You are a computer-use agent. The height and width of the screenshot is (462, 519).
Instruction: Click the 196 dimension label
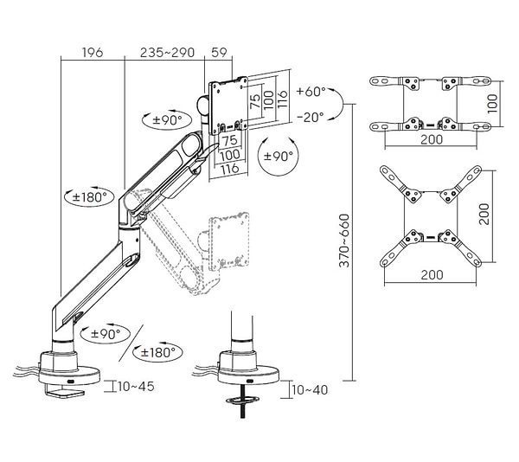pos(93,52)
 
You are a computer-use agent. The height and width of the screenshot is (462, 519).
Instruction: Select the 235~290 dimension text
pos(167,52)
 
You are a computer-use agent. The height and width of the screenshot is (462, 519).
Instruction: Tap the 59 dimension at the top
pos(219,52)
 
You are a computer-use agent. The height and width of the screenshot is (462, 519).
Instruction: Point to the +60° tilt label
pos(311,92)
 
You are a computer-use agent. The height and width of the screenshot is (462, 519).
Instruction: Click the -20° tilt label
pos(311,117)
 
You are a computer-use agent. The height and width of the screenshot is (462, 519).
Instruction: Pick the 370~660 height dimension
pos(344,241)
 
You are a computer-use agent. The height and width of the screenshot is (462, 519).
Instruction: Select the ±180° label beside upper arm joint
pos(89,197)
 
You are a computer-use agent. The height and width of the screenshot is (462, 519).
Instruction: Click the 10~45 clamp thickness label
pos(136,386)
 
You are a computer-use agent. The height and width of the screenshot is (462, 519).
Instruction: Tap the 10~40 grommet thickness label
pos(310,390)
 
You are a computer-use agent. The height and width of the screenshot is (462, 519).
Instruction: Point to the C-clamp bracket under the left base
pos(65,392)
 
